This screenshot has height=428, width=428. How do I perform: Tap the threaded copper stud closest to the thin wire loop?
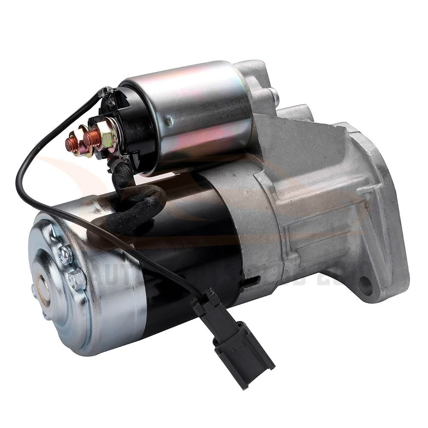click(x=72, y=144)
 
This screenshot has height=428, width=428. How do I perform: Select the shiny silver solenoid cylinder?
click(x=196, y=111)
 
